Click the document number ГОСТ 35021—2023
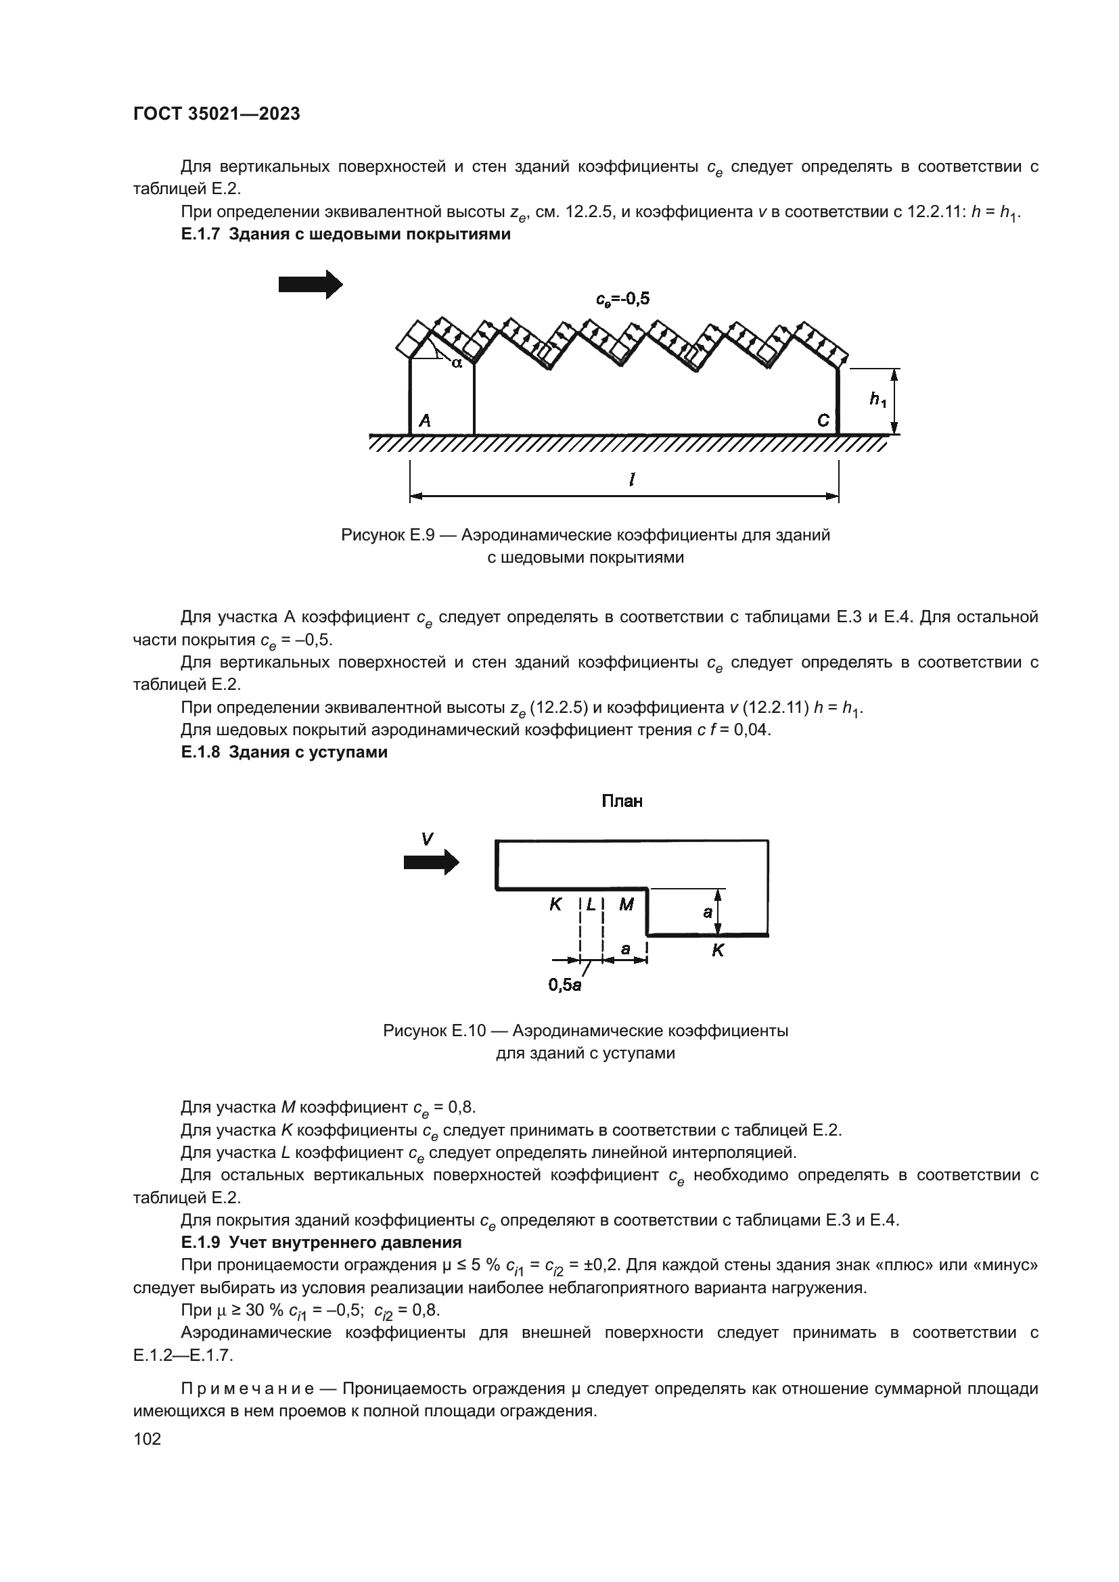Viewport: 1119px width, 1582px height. coord(216,114)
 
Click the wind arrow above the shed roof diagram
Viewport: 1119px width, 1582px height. coord(310,284)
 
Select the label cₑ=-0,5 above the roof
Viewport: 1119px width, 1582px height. coord(622,298)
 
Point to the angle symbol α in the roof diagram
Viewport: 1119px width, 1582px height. coord(456,362)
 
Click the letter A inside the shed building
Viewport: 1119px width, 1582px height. coord(425,420)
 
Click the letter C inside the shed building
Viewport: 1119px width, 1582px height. coord(823,420)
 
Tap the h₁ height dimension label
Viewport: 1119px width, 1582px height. coord(877,398)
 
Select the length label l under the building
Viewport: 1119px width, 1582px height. coord(631,480)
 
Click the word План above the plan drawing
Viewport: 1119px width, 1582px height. coord(622,801)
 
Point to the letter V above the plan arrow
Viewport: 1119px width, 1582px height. coord(427,839)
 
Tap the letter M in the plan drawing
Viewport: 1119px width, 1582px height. coord(626,904)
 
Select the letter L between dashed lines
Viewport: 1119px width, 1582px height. coord(592,904)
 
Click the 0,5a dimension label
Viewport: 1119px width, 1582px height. coord(564,985)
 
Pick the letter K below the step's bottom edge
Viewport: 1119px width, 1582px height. coord(717,950)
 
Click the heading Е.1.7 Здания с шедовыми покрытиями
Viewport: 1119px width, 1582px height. coord(345,234)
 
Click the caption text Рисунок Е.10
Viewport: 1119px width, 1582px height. coord(434,1031)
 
